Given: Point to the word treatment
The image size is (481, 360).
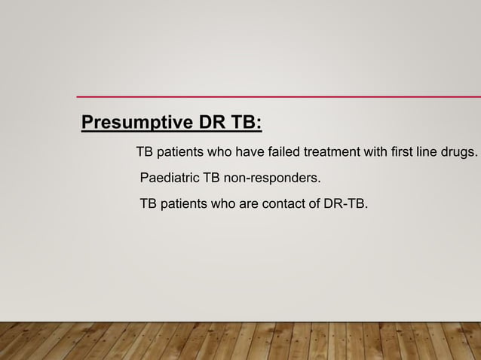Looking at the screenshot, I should click(332, 153).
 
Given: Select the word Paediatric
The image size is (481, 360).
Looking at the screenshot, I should click(166, 178).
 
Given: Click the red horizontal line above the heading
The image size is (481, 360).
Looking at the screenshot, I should click(279, 96).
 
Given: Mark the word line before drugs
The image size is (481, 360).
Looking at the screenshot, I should click(429, 153).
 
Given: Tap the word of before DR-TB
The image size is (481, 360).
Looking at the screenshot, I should click(313, 203).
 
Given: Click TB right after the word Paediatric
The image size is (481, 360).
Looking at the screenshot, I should click(204, 178).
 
